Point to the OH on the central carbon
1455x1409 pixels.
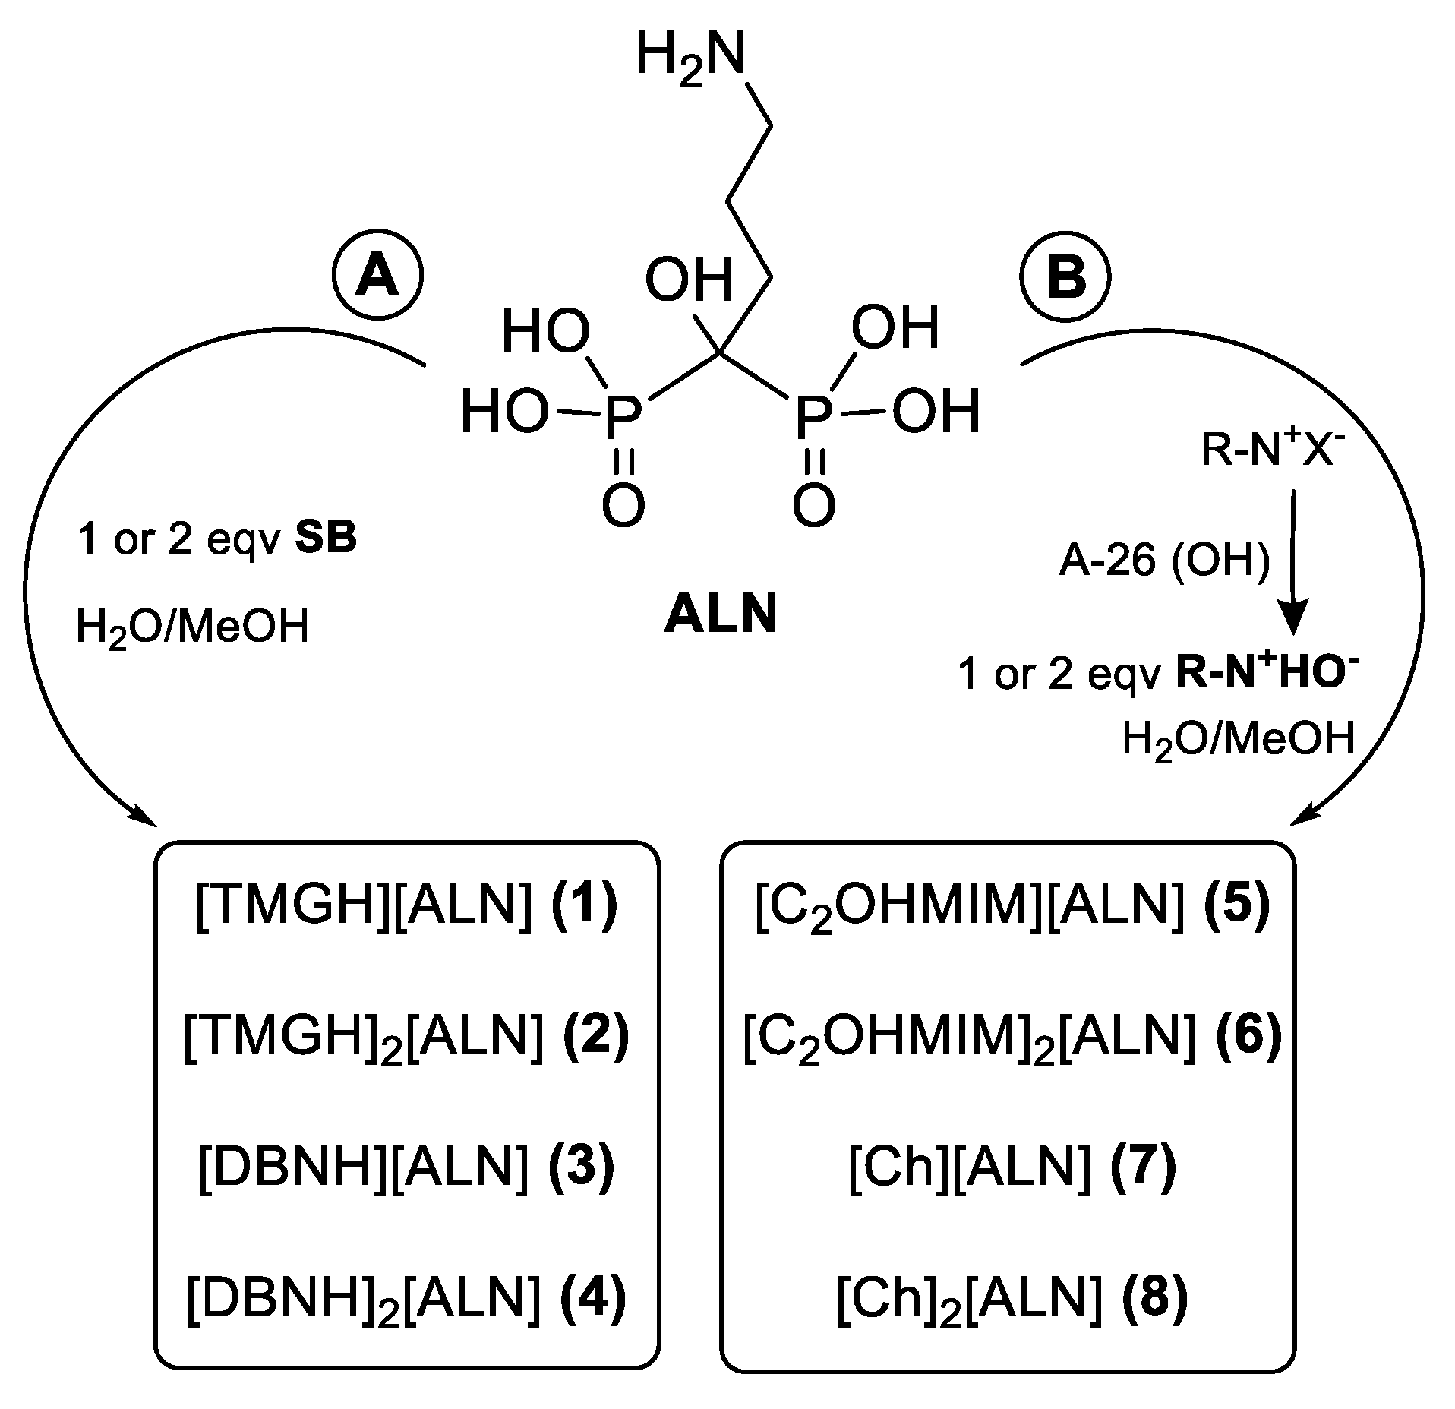(690, 281)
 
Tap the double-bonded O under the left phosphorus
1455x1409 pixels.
(623, 505)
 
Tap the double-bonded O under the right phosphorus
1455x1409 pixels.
(813, 505)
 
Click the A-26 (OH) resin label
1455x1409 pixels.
(1163, 564)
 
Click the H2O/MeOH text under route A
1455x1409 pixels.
(192, 628)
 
